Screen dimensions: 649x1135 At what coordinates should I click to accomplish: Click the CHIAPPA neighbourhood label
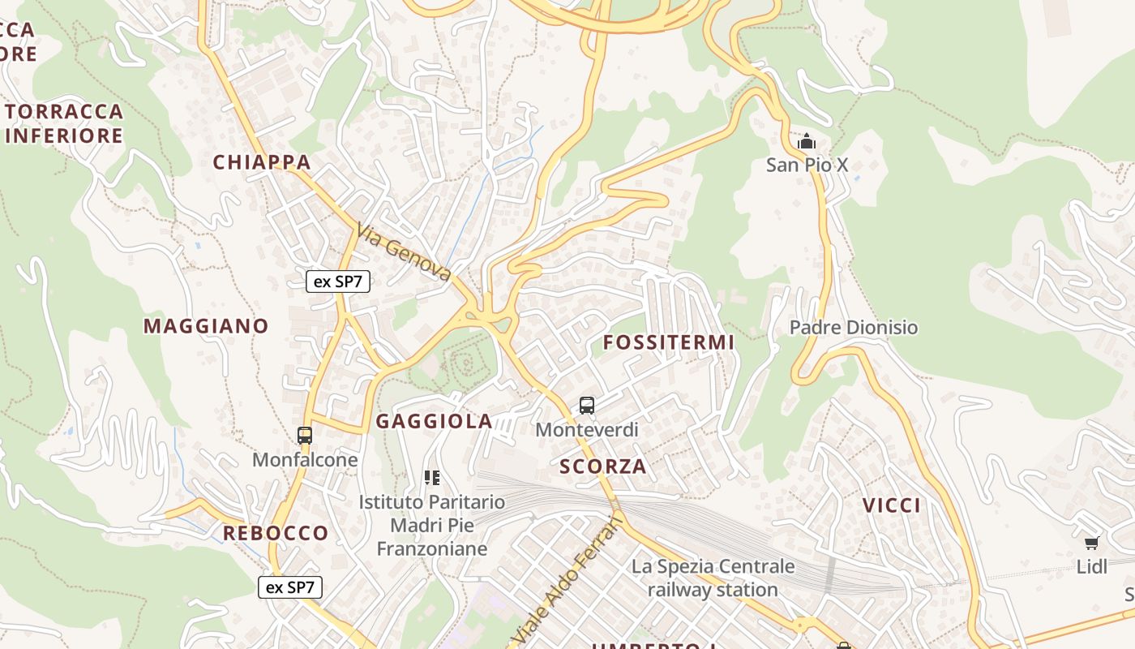tap(262, 162)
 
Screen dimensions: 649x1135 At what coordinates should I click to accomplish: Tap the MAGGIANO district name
tap(206, 326)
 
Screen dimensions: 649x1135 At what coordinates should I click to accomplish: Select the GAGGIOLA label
tap(434, 421)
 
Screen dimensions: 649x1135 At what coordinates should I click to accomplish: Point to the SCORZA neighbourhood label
tap(603, 466)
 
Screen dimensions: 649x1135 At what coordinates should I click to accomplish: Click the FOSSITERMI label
tap(669, 342)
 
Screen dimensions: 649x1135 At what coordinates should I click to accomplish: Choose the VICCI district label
tap(892, 505)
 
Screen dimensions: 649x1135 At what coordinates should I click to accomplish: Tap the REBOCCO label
tap(276, 533)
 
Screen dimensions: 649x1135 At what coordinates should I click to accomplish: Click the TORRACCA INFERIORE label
tap(64, 123)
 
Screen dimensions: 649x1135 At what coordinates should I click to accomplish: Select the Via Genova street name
tap(403, 253)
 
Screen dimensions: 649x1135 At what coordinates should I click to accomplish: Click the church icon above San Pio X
tap(806, 143)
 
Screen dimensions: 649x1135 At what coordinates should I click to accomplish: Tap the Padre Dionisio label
tap(854, 328)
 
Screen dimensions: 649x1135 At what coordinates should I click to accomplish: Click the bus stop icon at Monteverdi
tap(587, 406)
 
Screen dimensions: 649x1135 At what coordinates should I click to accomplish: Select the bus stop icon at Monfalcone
tap(305, 436)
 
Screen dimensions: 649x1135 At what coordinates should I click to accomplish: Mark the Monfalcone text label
tap(305, 460)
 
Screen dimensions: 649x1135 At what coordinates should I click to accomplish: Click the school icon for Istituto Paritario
tap(432, 478)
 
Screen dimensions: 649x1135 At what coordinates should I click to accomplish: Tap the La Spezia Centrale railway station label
tap(713, 578)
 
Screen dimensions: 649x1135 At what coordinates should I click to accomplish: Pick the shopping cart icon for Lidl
tap(1092, 543)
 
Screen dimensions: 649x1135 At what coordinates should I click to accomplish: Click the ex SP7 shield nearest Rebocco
tap(290, 587)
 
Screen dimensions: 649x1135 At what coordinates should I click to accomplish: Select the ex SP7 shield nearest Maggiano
tap(338, 282)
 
